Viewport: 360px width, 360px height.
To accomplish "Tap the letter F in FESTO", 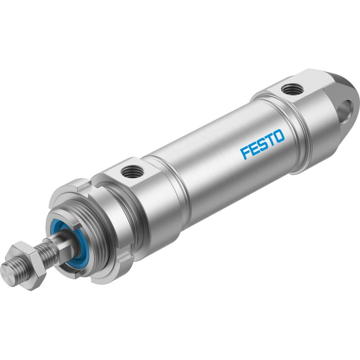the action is [x=245, y=153].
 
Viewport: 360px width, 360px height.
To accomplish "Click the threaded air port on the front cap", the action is [x=132, y=171].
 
